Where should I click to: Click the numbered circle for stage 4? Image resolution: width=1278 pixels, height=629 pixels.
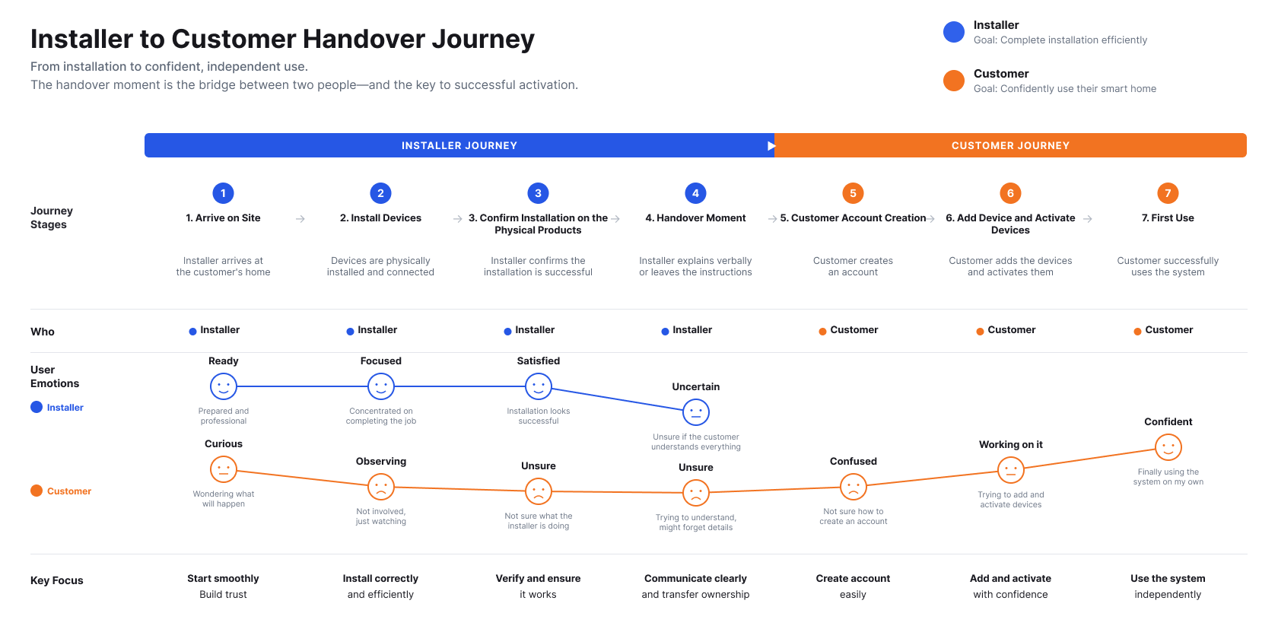pyautogui.click(x=695, y=193)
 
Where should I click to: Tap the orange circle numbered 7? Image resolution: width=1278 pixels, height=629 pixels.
pyautogui.click(x=1167, y=193)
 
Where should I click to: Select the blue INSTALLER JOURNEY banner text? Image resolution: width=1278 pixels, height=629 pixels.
pyautogui.click(x=459, y=145)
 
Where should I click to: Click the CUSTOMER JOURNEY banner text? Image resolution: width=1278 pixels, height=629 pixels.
pyautogui.click(x=1010, y=145)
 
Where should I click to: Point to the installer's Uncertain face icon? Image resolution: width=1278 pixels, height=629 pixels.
pyautogui.click(x=695, y=412)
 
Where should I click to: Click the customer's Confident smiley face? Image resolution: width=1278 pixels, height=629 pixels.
pyautogui.click(x=1168, y=447)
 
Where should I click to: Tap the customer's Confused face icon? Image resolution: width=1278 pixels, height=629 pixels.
pyautogui.click(x=853, y=487)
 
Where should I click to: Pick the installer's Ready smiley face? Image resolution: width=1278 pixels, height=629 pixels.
pyautogui.click(x=223, y=386)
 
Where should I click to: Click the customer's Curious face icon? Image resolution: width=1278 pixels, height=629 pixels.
pyautogui.click(x=223, y=470)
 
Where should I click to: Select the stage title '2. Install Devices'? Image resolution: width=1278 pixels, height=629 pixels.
pyautogui.click(x=380, y=218)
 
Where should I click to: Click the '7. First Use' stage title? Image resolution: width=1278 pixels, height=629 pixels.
pyautogui.click(x=1167, y=218)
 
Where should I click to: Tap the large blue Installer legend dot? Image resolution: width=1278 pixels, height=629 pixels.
pyautogui.click(x=953, y=32)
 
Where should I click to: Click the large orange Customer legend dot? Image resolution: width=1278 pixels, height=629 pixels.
pyautogui.click(x=953, y=81)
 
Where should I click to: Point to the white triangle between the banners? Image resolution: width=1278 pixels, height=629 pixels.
pyautogui.click(x=771, y=146)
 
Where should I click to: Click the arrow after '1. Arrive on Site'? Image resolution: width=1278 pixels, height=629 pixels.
pyautogui.click(x=300, y=219)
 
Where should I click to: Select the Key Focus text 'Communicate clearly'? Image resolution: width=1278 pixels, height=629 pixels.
pyautogui.click(x=695, y=578)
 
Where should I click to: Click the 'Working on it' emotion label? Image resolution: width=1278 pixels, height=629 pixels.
pyautogui.click(x=1010, y=444)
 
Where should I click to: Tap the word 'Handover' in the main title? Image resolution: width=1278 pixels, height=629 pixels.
pyautogui.click(x=364, y=39)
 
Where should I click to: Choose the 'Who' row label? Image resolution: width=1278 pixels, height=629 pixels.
pyautogui.click(x=43, y=332)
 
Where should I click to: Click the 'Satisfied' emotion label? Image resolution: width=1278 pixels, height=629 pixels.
pyautogui.click(x=538, y=361)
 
